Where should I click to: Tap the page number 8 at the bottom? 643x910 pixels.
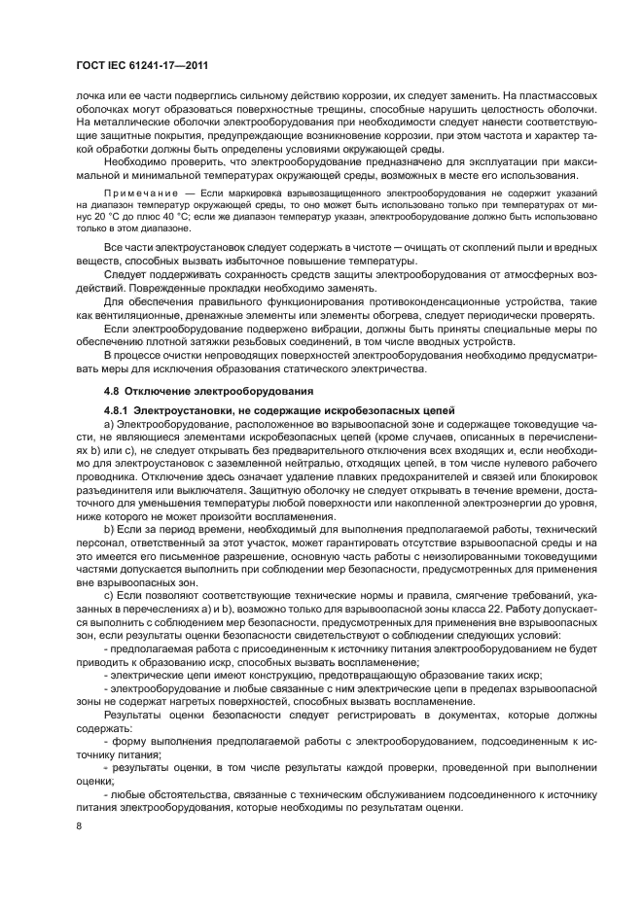tap(80, 826)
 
